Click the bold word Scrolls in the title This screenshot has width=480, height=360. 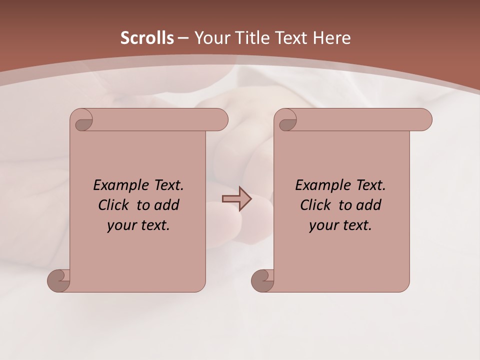point(147,38)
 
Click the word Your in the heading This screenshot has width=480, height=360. point(210,38)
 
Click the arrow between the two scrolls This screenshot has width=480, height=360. point(237,199)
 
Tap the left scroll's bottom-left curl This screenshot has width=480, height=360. point(58,280)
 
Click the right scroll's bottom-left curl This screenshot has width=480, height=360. point(262,280)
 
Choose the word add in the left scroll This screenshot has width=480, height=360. point(167,205)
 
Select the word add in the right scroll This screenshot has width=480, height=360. point(369,205)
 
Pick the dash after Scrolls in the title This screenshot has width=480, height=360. point(183,38)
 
